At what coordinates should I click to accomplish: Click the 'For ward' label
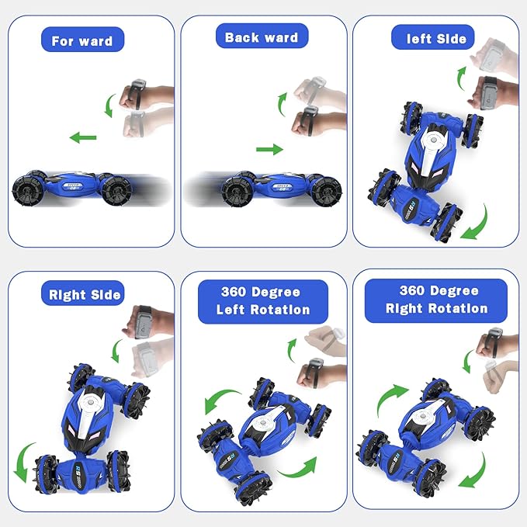click(x=82, y=41)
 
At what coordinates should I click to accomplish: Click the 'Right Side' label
click(x=85, y=294)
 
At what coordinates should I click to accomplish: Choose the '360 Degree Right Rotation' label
click(x=437, y=300)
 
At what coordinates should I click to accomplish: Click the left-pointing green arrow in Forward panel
click(x=82, y=138)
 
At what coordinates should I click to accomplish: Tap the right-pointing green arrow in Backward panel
click(x=269, y=148)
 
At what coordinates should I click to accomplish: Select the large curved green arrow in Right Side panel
click(x=28, y=459)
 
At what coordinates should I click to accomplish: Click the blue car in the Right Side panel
click(x=92, y=426)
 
